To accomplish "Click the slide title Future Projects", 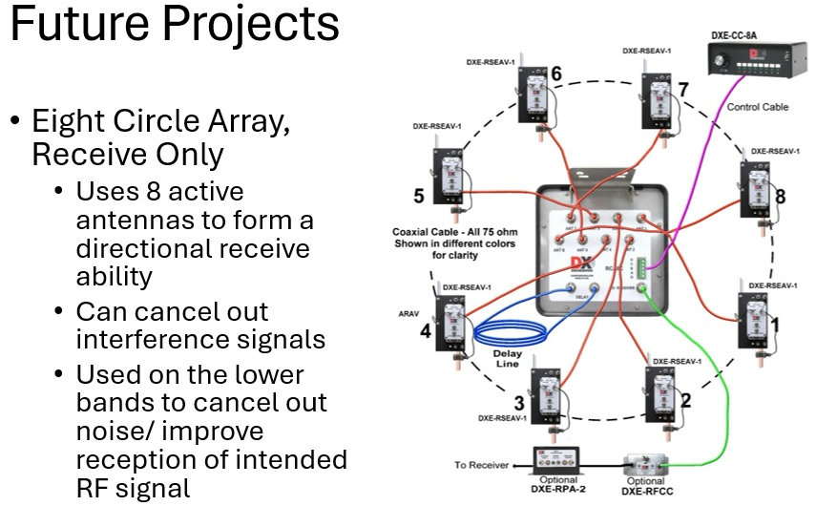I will (x=175, y=26).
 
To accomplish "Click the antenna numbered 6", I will (x=534, y=95).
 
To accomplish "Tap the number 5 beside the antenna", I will (x=419, y=197).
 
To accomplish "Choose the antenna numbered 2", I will (x=659, y=390).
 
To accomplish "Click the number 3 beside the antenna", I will (x=518, y=403).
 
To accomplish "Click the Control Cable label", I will (x=757, y=107).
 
